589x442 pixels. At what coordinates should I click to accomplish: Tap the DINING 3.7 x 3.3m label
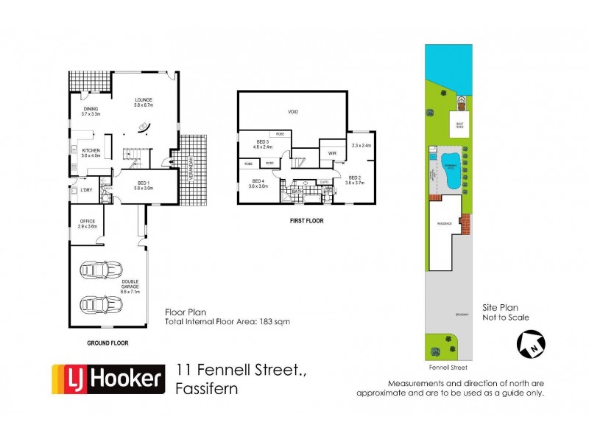pyautogui.click(x=91, y=111)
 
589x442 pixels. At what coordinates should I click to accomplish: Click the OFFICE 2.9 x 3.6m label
pyautogui.click(x=88, y=223)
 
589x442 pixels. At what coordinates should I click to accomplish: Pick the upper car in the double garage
pyautogui.click(x=98, y=270)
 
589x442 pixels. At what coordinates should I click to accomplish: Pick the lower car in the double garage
pyautogui.click(x=98, y=304)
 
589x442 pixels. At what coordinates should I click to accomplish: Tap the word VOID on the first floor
pyautogui.click(x=292, y=112)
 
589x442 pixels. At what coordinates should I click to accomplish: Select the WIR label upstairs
pyautogui.click(x=333, y=153)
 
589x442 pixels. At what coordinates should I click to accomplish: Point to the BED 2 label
pyautogui.click(x=354, y=178)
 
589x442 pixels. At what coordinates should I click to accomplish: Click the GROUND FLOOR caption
pyautogui.click(x=108, y=343)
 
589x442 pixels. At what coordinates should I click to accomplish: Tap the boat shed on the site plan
pyautogui.click(x=459, y=123)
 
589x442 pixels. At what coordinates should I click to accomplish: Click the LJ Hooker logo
pyautogui.click(x=107, y=379)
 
